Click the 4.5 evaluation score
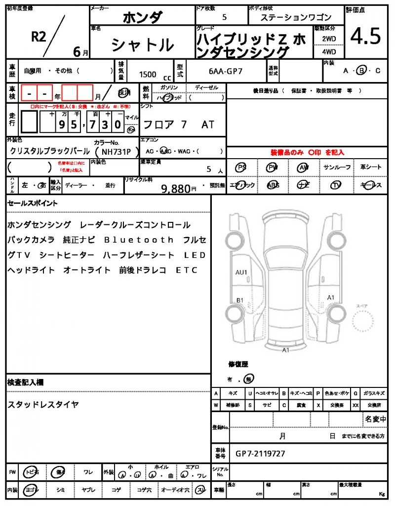(x=365, y=37)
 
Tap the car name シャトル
(x=142, y=45)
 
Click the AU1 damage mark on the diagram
(x=241, y=272)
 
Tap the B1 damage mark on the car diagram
(x=240, y=300)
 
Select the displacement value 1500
(x=148, y=74)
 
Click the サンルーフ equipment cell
(x=337, y=168)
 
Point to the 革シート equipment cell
(x=371, y=168)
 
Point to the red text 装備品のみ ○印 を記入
(x=307, y=152)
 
